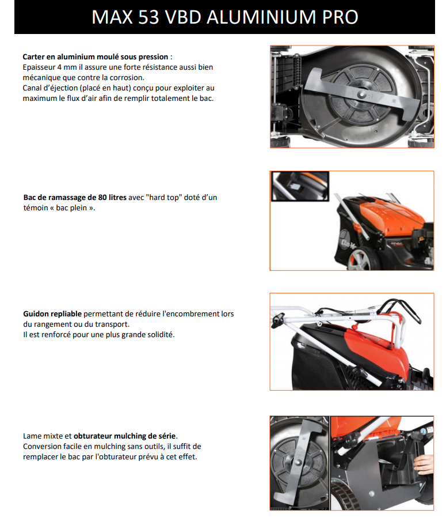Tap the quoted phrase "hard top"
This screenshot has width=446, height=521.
tap(165, 197)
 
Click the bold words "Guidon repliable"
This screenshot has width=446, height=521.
tap(52, 314)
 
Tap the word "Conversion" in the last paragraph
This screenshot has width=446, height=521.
tap(42, 446)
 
